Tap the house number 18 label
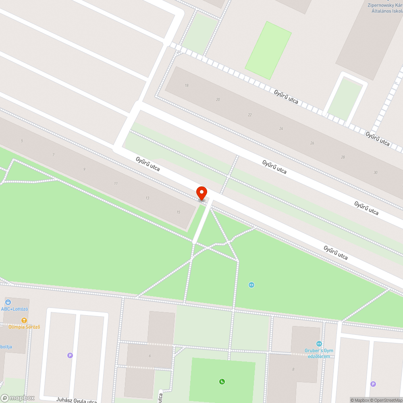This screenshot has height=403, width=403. (187, 85)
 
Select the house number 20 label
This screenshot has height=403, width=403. (218, 100)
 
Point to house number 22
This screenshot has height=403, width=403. (250, 115)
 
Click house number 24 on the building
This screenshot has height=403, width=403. (281, 129)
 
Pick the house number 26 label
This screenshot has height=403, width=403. (312, 143)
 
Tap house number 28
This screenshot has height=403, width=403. (343, 157)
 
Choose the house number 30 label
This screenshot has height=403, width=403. (375, 172)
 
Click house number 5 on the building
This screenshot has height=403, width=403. (22, 141)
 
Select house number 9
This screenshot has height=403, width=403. (84, 169)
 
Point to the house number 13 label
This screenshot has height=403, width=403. (147, 198)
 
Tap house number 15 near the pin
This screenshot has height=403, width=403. (178, 212)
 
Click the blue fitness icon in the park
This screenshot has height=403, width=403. (251, 285)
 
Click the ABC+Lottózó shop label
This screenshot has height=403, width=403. (15, 309)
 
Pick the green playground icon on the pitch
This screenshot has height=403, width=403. (222, 382)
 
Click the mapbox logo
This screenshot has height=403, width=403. (18, 398)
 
